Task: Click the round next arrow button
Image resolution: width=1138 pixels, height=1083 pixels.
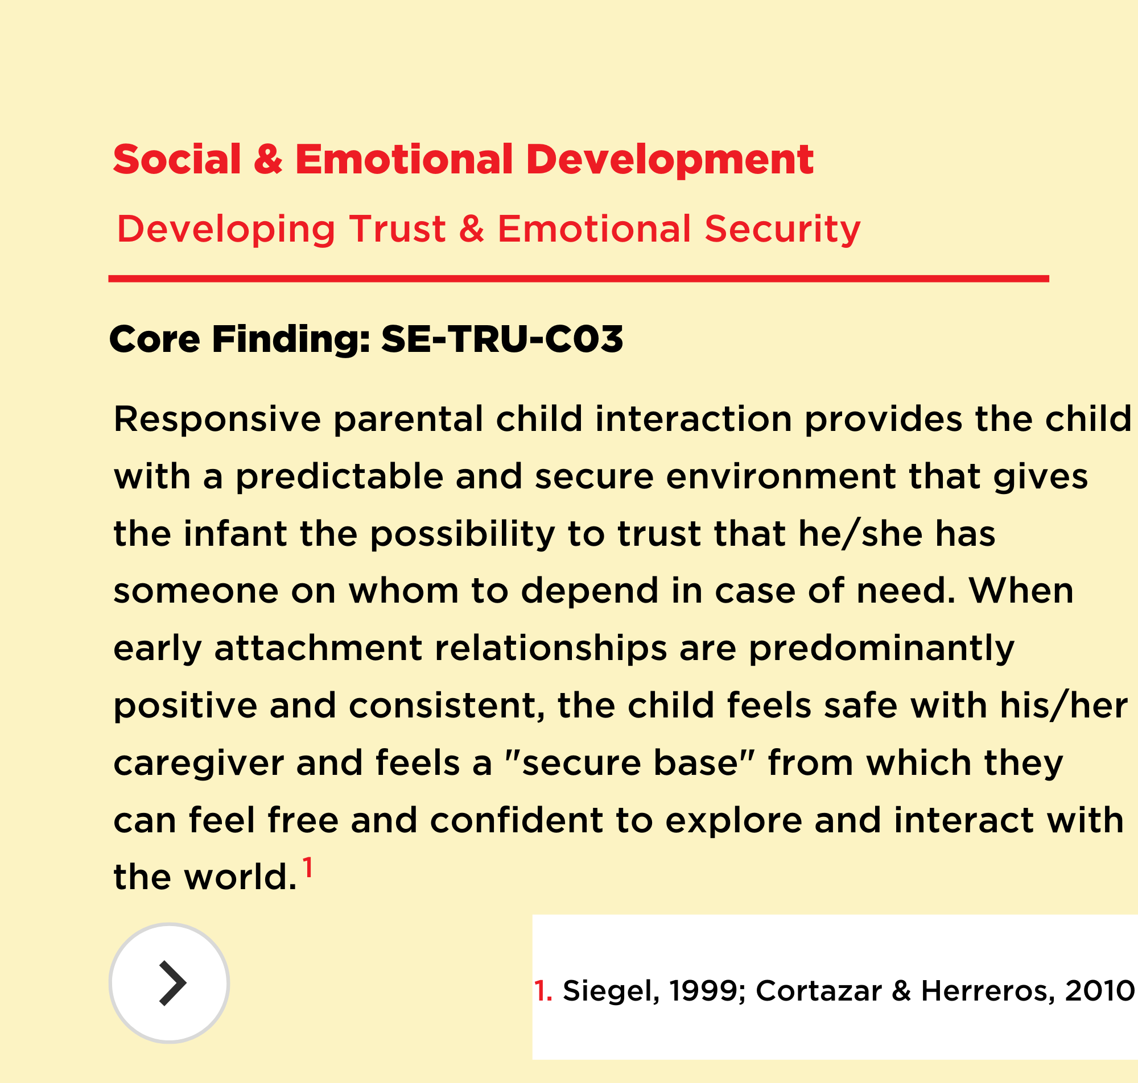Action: (169, 982)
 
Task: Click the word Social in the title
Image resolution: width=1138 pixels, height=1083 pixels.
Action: (177, 159)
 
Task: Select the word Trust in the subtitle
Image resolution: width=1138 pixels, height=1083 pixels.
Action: (397, 229)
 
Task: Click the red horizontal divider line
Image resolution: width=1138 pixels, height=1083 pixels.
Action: (578, 279)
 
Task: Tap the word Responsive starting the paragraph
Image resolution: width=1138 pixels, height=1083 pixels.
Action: (217, 420)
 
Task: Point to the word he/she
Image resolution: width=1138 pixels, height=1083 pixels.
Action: (860, 533)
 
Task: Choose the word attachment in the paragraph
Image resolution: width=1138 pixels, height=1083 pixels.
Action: (318, 648)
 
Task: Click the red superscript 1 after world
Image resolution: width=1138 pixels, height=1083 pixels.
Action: (308, 867)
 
